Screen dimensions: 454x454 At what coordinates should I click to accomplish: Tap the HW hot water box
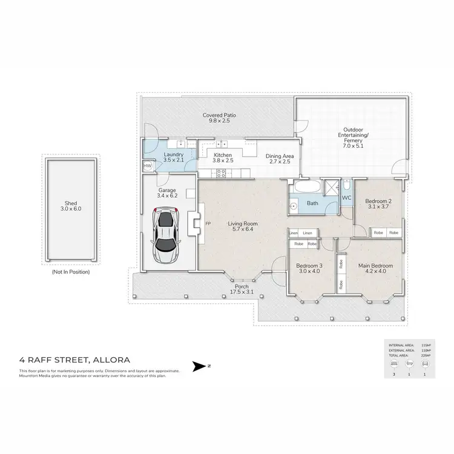[x=147, y=165]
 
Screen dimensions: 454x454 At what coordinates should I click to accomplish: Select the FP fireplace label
[x=208, y=223]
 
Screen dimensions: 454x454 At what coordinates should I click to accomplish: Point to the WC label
[x=347, y=197]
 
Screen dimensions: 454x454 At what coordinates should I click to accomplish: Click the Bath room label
[x=312, y=203]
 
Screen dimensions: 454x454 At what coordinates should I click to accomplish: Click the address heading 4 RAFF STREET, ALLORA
[x=74, y=360]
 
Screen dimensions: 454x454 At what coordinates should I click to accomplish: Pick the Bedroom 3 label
[x=309, y=266]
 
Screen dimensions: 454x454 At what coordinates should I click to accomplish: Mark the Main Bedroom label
[x=375, y=266]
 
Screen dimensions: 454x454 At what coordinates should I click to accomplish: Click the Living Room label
[x=243, y=224]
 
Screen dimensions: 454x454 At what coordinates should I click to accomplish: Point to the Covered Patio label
[x=219, y=115]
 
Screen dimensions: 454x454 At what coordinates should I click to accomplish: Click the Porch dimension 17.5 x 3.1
[x=243, y=292]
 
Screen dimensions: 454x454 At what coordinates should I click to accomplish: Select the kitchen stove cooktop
[x=222, y=173]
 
